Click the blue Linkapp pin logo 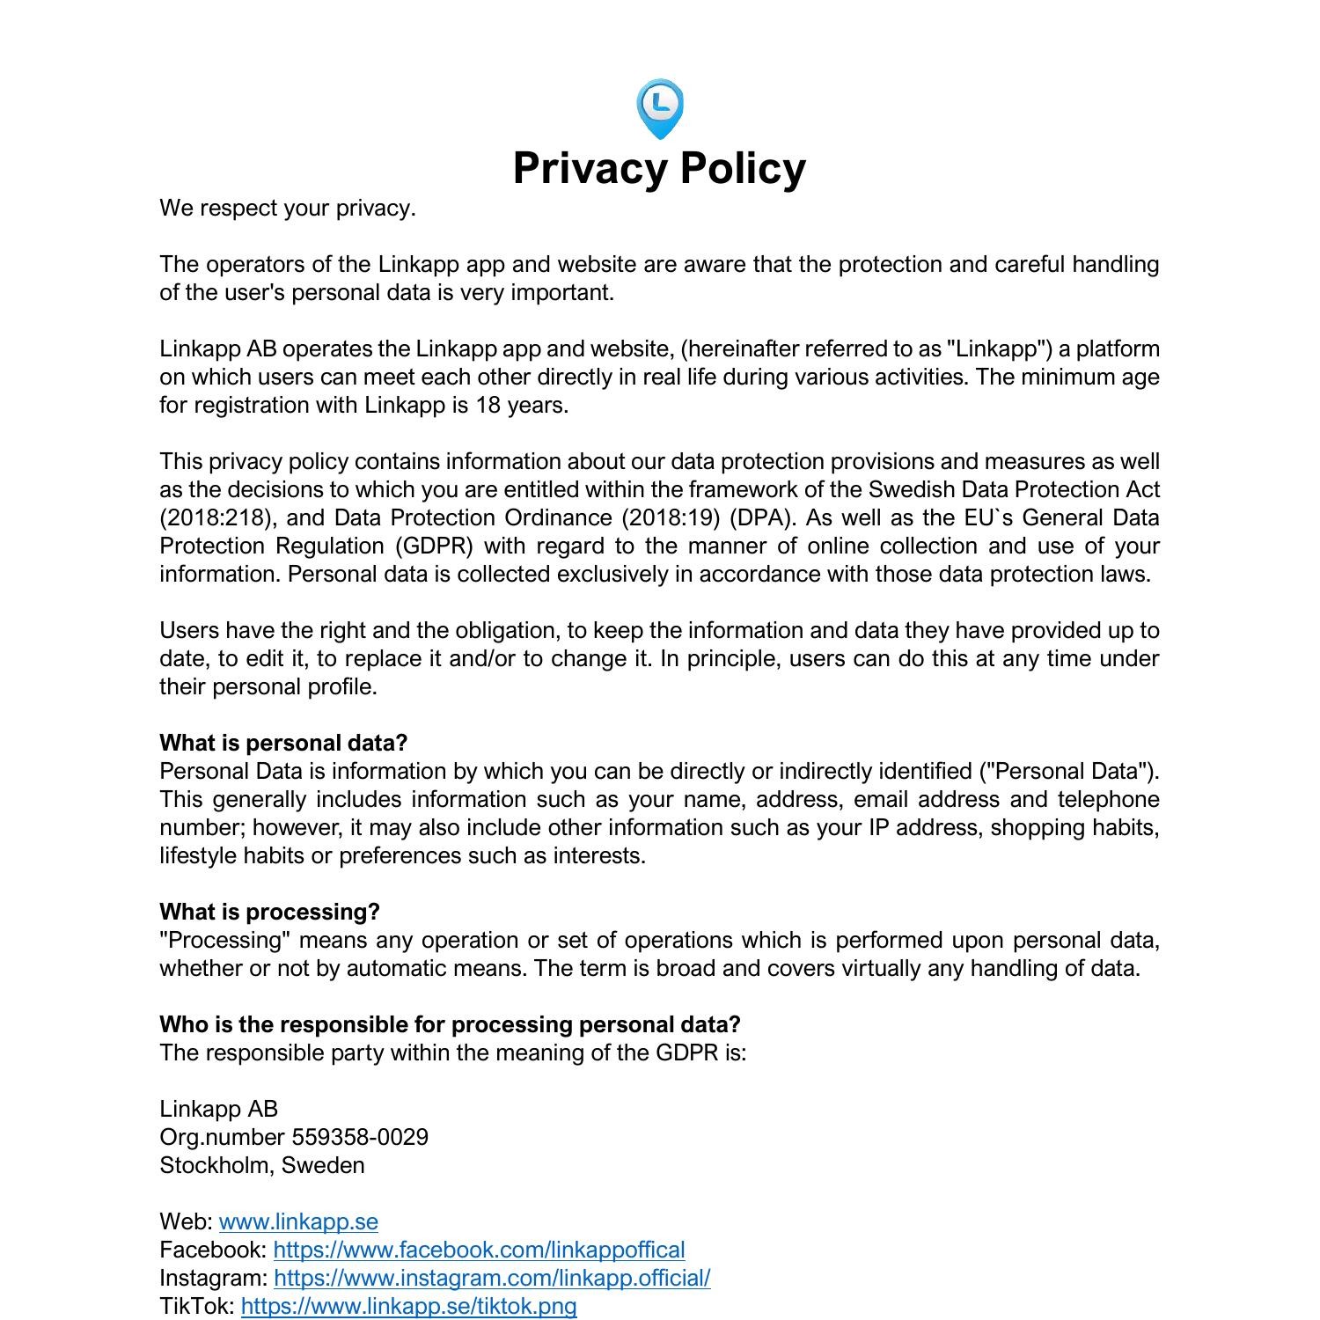tap(659, 109)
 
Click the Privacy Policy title tap(659, 168)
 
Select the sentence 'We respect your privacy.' tap(287, 209)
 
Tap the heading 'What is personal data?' tap(283, 743)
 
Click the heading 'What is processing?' tap(269, 912)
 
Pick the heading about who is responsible tap(450, 1024)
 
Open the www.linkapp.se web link tap(298, 1221)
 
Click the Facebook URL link tap(479, 1250)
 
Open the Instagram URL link tap(492, 1278)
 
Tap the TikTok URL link tap(408, 1306)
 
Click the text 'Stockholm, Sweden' tap(261, 1165)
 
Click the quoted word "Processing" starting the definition tap(224, 940)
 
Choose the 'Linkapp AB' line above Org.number tap(218, 1109)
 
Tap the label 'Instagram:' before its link tap(214, 1278)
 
